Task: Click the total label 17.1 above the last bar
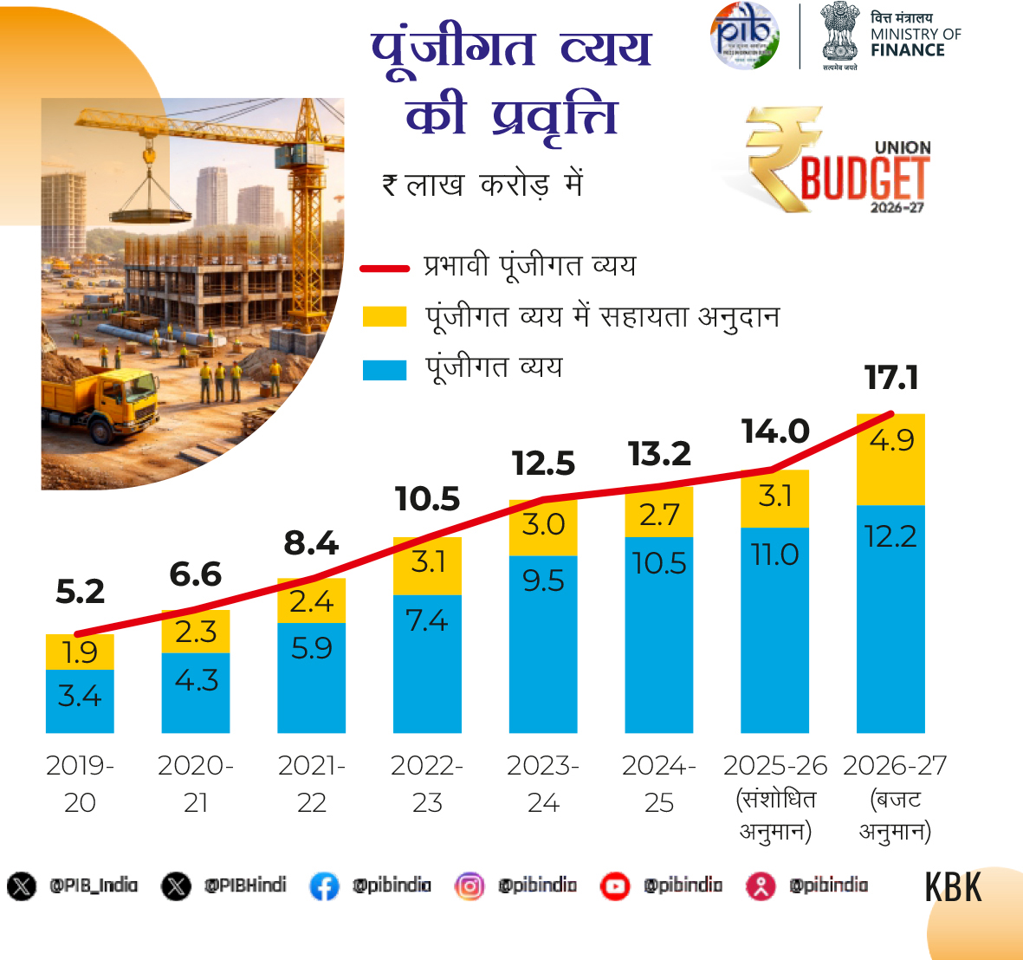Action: point(891,378)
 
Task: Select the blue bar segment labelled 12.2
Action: point(890,618)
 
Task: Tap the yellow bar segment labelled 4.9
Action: point(890,459)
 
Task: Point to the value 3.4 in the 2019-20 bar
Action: point(80,696)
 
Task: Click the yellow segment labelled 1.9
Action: point(80,652)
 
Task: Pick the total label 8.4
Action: point(311,543)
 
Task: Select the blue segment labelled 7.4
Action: point(427,663)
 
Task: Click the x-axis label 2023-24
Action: point(543,783)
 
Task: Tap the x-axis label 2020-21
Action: point(196,783)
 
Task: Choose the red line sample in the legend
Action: point(385,269)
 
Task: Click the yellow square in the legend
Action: point(385,316)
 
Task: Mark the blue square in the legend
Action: point(385,370)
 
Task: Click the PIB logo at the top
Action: point(744,36)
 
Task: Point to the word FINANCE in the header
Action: point(908,50)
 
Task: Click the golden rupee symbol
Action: point(782,156)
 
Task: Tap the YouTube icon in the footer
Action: point(615,886)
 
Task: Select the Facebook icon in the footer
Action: point(324,886)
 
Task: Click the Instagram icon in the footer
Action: point(469,886)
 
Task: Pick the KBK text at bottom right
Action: point(953,887)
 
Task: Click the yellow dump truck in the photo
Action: point(103,404)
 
